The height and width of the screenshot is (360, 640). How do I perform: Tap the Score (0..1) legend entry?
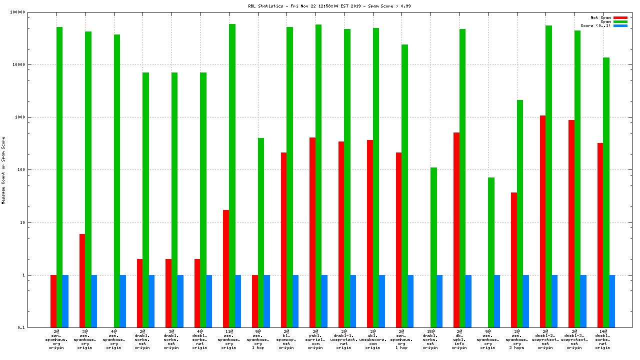pyautogui.click(x=595, y=25)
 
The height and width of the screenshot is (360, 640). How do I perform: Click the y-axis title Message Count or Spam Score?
pyautogui.click(x=3, y=170)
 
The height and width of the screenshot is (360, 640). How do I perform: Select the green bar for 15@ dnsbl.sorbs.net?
pyautogui.click(x=433, y=247)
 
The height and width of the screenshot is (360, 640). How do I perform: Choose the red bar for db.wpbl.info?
pyautogui.click(x=456, y=230)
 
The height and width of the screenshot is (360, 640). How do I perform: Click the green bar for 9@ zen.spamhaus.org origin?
pyautogui.click(x=491, y=252)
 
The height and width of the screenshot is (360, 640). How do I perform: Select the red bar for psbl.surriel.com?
pyautogui.click(x=312, y=232)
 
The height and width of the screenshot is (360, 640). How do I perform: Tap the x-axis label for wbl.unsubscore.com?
pyautogui.click(x=373, y=339)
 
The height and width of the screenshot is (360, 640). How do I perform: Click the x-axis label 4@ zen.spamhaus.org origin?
pyautogui.click(x=114, y=339)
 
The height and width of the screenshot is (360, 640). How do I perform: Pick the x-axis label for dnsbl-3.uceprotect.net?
pyautogui.click(x=574, y=339)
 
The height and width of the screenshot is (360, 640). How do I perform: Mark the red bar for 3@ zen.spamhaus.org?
pyautogui.click(x=82, y=280)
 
